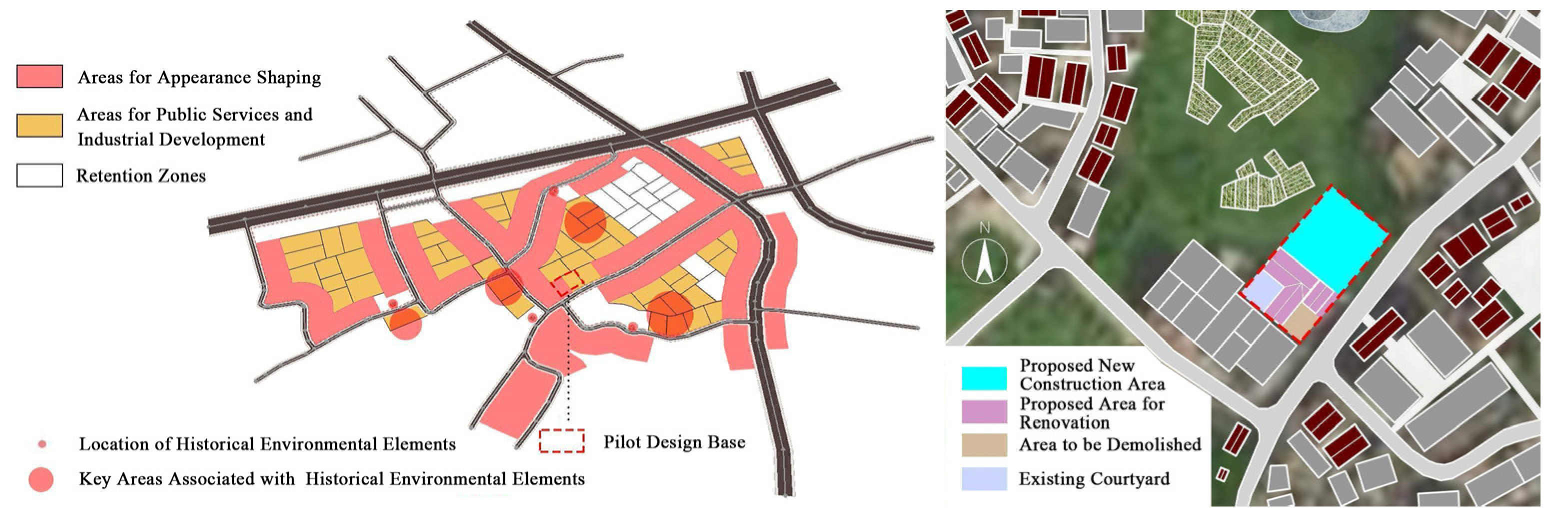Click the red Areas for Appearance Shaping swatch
pyautogui.click(x=39, y=77)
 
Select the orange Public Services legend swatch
pyautogui.click(x=39, y=126)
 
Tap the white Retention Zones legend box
pyautogui.click(x=39, y=175)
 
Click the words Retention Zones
pyautogui.click(x=141, y=175)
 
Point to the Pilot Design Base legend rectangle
pyautogui.click(x=561, y=440)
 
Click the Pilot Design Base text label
pyautogui.click(x=673, y=442)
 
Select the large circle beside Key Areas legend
pyautogui.click(x=41, y=479)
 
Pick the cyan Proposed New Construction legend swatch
pyautogui.click(x=984, y=377)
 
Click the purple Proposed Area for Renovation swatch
pyautogui.click(x=984, y=411)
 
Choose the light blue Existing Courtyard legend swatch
pyautogui.click(x=984, y=479)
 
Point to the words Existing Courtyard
pyautogui.click(x=1094, y=479)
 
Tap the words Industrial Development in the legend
pyautogui.click(x=171, y=139)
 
